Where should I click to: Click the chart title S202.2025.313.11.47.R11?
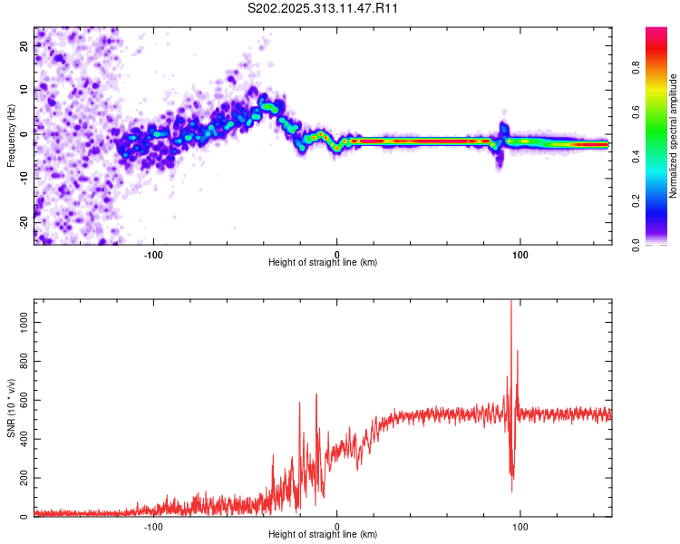click(x=324, y=8)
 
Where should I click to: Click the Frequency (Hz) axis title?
click(x=11, y=136)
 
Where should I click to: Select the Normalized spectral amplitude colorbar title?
click(x=673, y=136)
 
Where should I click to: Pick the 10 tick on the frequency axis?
click(x=25, y=89)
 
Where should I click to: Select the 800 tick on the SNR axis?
click(x=23, y=362)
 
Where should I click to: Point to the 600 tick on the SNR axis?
click(x=23, y=401)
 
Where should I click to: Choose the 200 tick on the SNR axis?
click(x=23, y=478)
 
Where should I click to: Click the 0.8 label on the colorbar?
click(x=636, y=68)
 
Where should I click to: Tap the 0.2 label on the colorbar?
click(x=636, y=201)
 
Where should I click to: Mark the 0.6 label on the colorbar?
click(x=636, y=112)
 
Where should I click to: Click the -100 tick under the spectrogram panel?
click(x=153, y=253)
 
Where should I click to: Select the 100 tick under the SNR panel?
click(x=520, y=526)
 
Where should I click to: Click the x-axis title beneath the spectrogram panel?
click(x=323, y=262)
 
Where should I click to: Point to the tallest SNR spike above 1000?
click(x=511, y=303)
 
